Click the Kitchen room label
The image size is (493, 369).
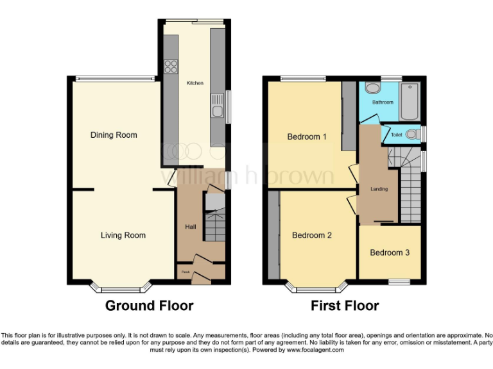(x=195, y=83)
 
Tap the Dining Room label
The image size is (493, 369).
(x=114, y=135)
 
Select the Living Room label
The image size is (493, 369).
(x=123, y=235)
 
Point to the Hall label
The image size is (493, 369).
(x=191, y=227)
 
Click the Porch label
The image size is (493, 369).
(x=185, y=272)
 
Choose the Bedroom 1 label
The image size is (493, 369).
(x=307, y=136)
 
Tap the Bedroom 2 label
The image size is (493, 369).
(x=312, y=235)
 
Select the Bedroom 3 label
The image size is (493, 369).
(x=390, y=252)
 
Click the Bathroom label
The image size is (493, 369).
(x=383, y=102)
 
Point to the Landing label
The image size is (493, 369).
(x=379, y=189)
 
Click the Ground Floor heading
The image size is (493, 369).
(x=149, y=306)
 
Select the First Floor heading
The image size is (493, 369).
(x=345, y=306)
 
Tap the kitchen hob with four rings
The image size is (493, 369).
(x=171, y=65)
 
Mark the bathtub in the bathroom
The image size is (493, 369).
(x=409, y=101)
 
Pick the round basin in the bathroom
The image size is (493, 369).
(x=372, y=88)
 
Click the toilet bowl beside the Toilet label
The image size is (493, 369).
(x=416, y=134)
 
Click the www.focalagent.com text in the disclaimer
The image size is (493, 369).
(x=315, y=350)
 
